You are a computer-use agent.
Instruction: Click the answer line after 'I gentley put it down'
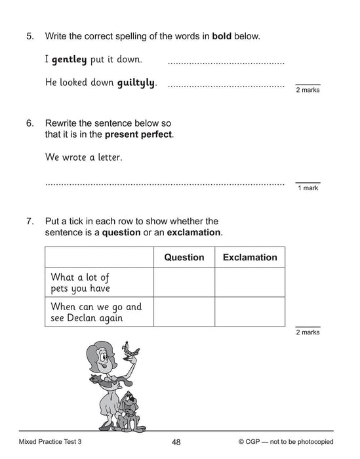tap(226, 62)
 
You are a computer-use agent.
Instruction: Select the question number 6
tap(30, 123)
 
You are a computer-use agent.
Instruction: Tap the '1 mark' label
tap(308, 188)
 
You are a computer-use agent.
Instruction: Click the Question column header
tap(184, 258)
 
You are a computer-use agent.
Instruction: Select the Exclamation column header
tap(250, 258)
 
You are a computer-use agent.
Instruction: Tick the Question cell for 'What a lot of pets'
tap(184, 282)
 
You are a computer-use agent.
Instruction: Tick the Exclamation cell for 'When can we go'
tap(250, 311)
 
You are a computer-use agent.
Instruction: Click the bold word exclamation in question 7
tap(194, 232)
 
